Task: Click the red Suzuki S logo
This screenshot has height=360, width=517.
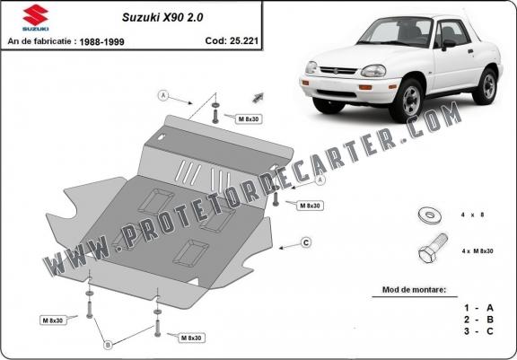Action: point(36,15)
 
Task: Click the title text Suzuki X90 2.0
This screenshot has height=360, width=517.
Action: point(162,17)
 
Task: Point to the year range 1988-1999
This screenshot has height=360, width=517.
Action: point(102,42)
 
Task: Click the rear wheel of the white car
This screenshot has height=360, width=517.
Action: point(486,86)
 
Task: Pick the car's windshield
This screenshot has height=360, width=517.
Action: point(396,32)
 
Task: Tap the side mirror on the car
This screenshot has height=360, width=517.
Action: point(448,45)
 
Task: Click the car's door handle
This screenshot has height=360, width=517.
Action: point(470,51)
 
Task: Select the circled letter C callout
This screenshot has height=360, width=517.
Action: point(306,243)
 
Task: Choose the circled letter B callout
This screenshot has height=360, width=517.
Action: point(108,345)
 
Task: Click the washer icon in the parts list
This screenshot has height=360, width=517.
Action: point(430,215)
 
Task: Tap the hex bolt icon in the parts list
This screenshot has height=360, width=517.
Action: point(433,249)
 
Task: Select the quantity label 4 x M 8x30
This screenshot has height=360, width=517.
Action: point(478,250)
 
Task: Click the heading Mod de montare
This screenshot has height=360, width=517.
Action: point(414,290)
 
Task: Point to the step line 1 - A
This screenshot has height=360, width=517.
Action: point(478,308)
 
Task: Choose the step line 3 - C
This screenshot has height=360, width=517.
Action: point(478,331)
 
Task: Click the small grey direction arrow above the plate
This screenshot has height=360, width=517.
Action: point(258,98)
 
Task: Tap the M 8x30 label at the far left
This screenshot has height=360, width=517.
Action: point(53,320)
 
